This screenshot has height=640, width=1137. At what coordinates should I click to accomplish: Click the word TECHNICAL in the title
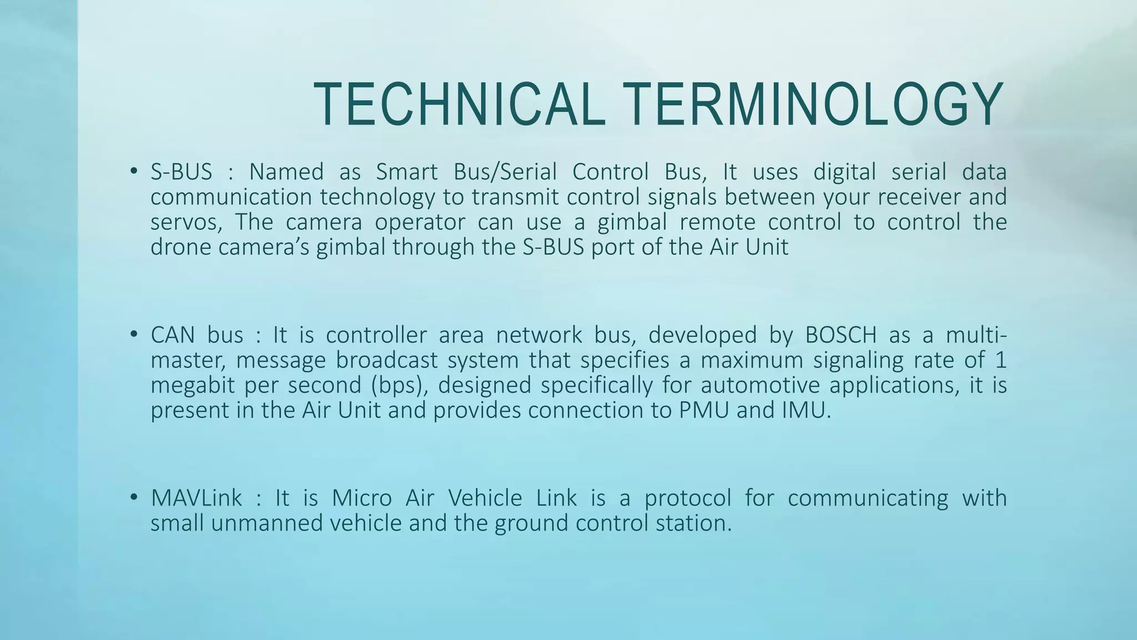click(459, 104)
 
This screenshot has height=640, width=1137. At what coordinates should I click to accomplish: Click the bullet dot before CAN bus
click(133, 334)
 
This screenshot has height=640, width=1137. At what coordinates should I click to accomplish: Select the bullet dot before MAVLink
click(133, 497)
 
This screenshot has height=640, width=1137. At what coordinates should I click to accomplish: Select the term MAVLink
click(197, 497)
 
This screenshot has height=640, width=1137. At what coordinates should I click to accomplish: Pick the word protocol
click(687, 497)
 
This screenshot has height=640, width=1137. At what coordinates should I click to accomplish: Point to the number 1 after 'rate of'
click(1000, 360)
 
